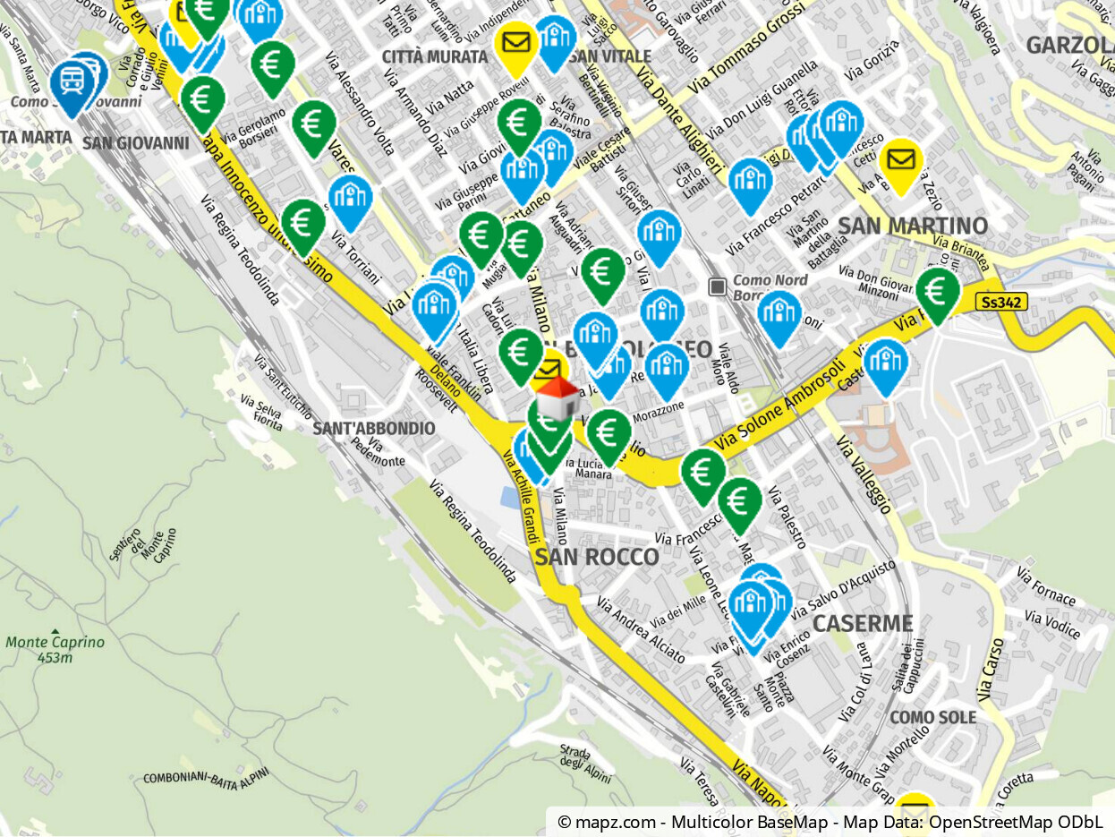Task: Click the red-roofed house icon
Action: (x=558, y=398)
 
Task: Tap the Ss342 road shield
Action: (x=1001, y=303)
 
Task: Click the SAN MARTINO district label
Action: (x=913, y=226)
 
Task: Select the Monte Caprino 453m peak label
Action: (x=55, y=649)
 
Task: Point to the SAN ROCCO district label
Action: (x=597, y=558)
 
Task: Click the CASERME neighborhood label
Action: (x=863, y=624)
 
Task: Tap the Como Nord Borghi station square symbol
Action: (x=717, y=286)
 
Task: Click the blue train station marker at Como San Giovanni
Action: (x=72, y=83)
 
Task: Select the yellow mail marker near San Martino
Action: (x=901, y=162)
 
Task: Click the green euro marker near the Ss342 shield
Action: (x=937, y=292)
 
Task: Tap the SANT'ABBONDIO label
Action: (x=374, y=429)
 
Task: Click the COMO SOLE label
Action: (x=933, y=718)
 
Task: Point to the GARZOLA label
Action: (x=1069, y=46)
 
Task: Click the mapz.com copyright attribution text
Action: (x=830, y=822)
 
